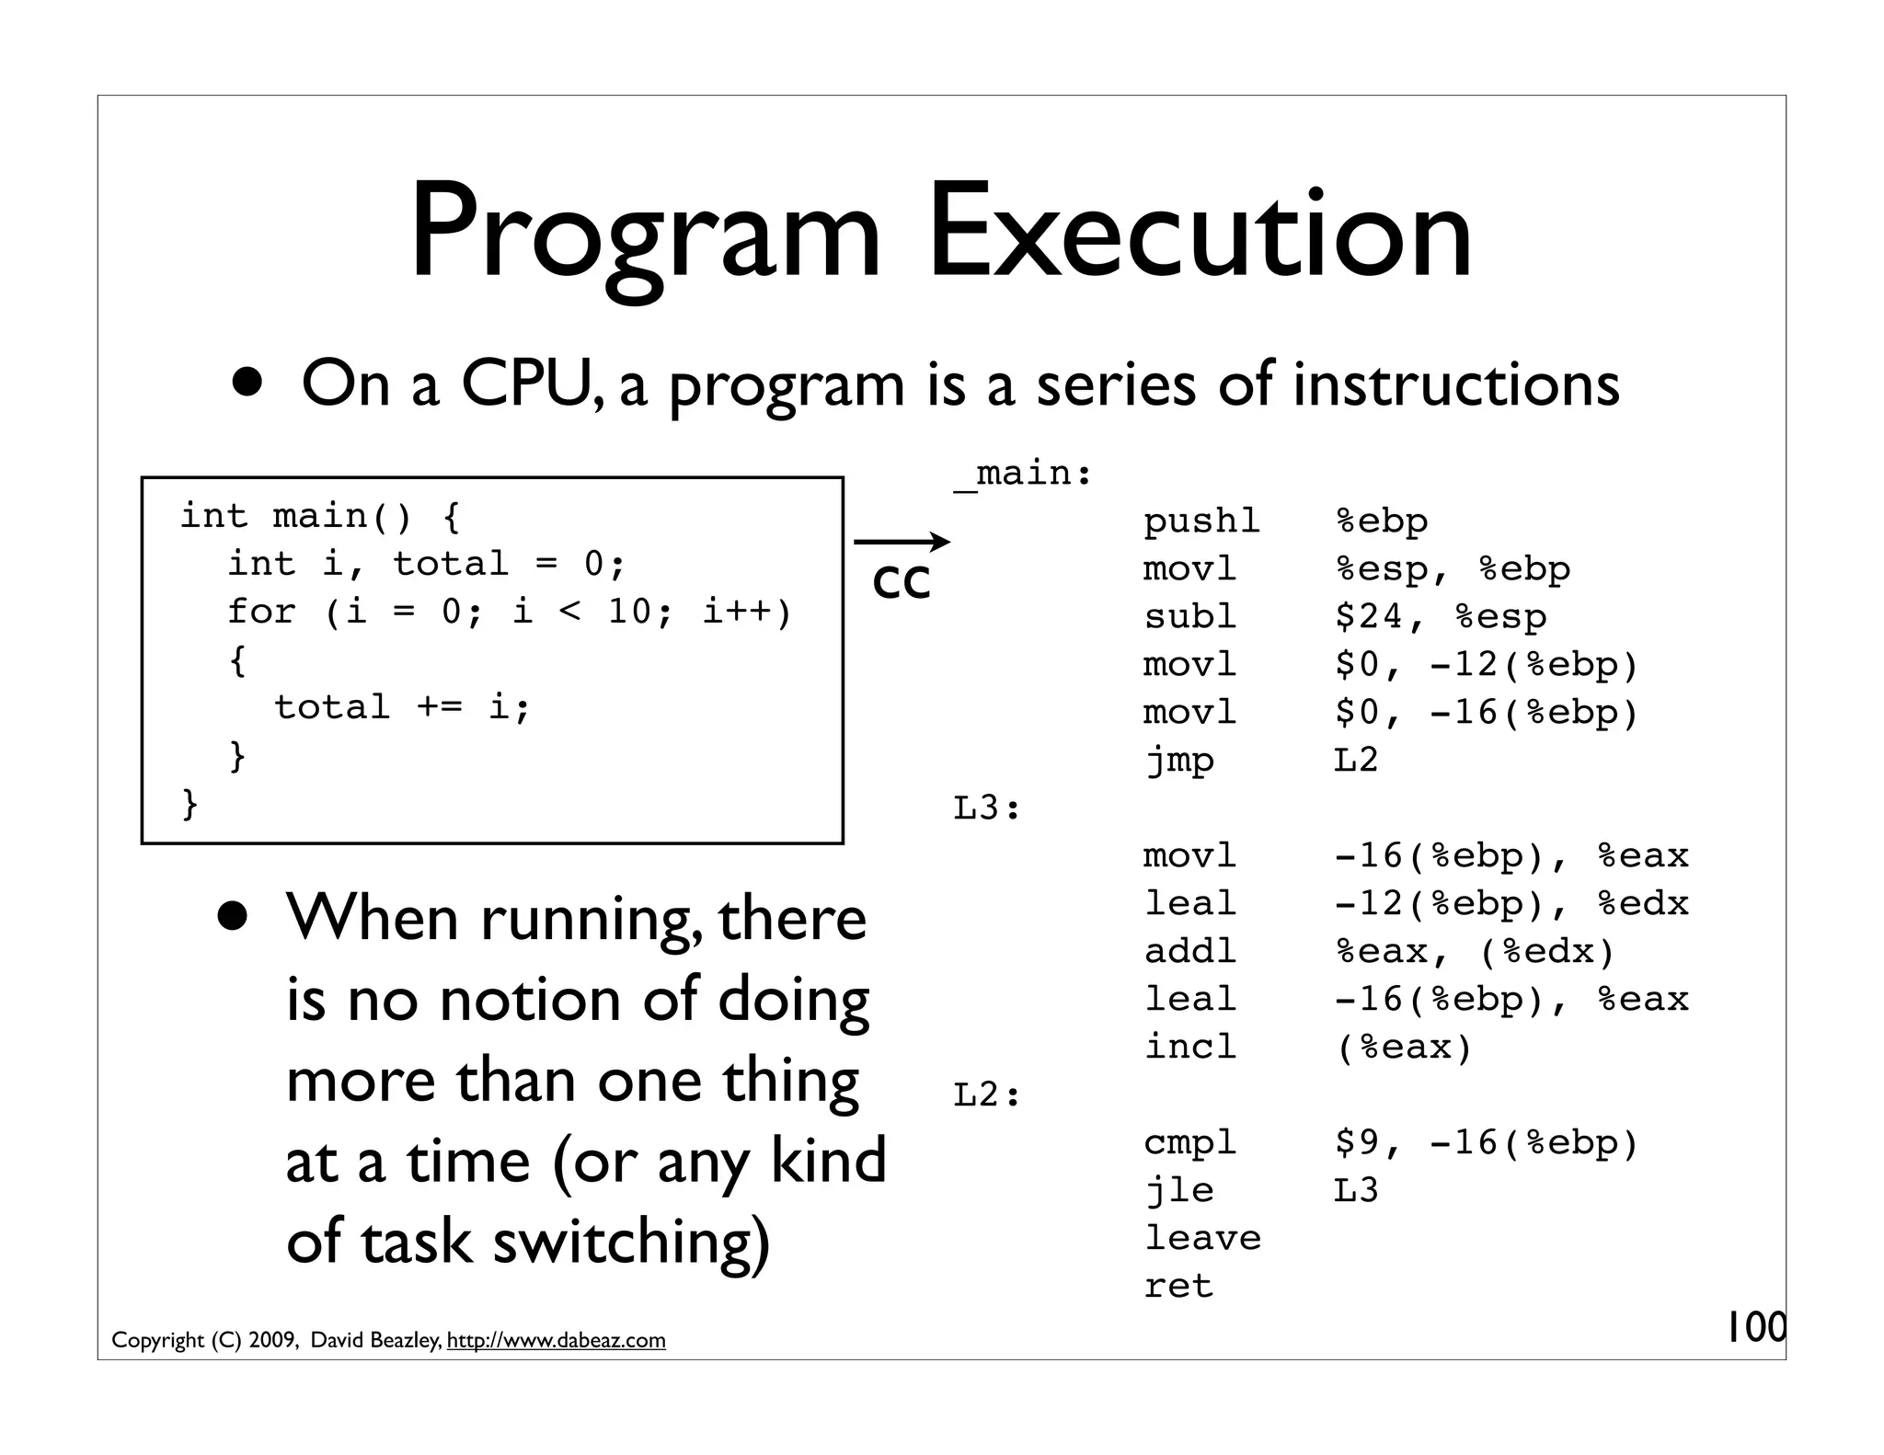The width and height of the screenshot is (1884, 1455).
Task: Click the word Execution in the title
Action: point(1200,232)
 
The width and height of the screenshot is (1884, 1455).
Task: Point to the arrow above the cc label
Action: point(902,542)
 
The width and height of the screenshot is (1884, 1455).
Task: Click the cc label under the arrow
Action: point(902,581)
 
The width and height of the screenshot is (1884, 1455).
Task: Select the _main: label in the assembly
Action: point(1023,474)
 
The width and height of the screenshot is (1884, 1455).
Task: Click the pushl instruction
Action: point(1201,521)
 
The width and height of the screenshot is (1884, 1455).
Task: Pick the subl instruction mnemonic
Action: point(1189,616)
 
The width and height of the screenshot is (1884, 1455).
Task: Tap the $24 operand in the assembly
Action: point(1369,616)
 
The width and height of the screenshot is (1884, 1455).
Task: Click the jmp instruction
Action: point(1178,760)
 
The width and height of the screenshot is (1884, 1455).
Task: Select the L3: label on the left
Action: point(987,808)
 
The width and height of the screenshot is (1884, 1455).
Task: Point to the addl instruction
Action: point(1189,951)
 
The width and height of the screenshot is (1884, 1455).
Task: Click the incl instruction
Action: point(1189,1047)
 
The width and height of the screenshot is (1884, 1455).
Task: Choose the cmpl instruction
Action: point(1189,1142)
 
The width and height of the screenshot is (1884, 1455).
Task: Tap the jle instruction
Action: point(1178,1190)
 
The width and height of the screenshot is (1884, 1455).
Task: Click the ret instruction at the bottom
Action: point(1178,1286)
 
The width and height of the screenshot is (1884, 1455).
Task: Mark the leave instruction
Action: point(1201,1238)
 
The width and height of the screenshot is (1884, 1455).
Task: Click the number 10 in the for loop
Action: point(630,611)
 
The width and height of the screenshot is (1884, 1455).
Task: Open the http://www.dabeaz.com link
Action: point(556,1340)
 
